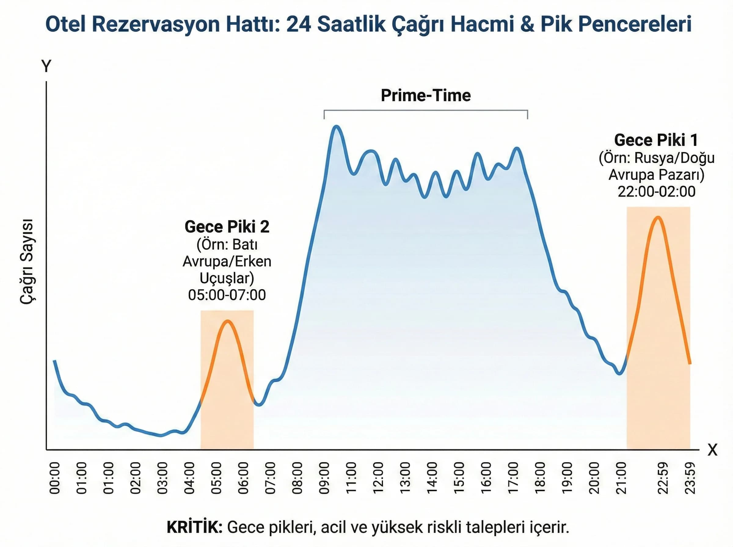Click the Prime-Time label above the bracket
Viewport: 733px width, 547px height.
coord(426,95)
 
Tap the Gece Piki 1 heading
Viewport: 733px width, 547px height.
coord(656,140)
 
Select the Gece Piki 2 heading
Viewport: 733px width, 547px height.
coord(227,227)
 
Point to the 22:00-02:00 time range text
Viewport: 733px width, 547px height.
coord(656,192)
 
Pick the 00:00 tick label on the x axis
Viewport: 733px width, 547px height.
coord(55,478)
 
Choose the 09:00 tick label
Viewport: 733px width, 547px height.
coord(324,478)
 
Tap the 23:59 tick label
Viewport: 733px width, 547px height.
coord(690,478)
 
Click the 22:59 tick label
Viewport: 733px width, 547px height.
coord(663,478)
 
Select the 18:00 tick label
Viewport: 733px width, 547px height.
coord(540,478)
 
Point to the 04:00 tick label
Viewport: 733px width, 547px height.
coord(189,478)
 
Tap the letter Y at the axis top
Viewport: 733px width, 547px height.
coord(46,66)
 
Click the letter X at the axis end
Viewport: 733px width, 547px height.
coord(712,450)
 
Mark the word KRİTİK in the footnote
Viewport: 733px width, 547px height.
coord(195,527)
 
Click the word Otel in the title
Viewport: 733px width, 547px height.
coord(65,24)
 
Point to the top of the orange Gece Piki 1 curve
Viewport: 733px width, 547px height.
coord(658,218)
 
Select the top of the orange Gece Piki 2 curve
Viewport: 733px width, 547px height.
coord(228,321)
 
